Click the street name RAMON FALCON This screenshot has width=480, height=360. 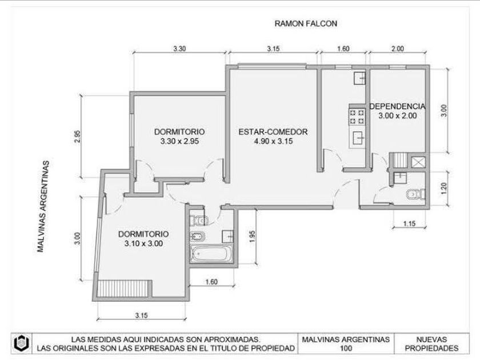pos(306,23)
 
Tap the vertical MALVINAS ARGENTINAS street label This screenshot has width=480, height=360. pos(43,206)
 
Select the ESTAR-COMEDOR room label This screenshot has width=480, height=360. pos(273,132)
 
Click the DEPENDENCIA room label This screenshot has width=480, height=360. pos(397,106)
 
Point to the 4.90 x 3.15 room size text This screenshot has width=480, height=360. pos(273,142)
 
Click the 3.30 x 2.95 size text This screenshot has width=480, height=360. pos(179,142)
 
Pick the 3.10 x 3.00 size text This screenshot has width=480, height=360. pos(143,243)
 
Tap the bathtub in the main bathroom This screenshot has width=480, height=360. pos(211,254)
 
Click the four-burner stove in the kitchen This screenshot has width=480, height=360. pos(357,117)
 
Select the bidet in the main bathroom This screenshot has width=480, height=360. pos(198,237)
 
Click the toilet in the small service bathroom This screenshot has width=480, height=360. pos(415,194)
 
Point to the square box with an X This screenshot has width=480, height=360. pos(418,162)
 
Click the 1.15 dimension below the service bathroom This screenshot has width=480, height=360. pos(409,223)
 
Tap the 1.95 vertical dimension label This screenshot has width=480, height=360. pos(252,237)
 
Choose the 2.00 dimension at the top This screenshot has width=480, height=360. pos(397,49)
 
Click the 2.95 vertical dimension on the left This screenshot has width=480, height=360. pos(77,137)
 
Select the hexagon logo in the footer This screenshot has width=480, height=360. pos(22,343)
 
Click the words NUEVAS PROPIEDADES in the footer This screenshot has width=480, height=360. pos(431,344)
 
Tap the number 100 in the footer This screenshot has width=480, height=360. pos(346,349)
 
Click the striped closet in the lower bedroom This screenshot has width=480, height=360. pos(124,289)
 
